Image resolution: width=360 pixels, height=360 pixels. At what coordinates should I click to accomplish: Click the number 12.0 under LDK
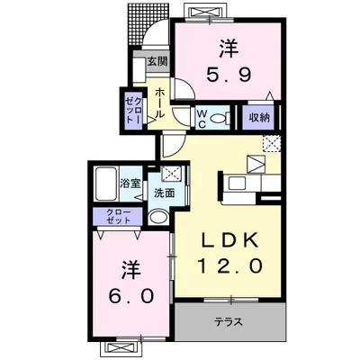229,266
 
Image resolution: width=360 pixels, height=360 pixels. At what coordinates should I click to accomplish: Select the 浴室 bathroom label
130,184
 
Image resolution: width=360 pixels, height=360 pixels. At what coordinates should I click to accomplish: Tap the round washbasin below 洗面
157,216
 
